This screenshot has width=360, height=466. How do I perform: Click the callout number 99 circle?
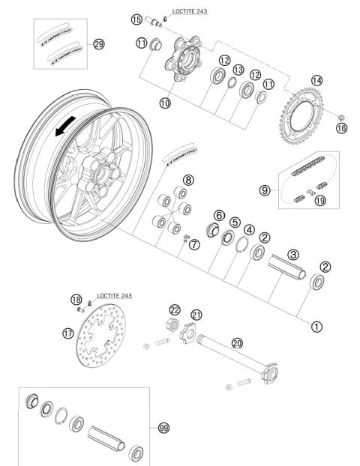163,428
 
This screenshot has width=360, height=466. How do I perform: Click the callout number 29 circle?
98,44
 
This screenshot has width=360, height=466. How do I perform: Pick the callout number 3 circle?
293,255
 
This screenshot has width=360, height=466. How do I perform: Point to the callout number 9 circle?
265,190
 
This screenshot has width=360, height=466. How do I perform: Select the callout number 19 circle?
320,201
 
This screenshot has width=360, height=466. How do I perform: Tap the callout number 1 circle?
316,327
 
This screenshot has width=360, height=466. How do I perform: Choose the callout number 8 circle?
188,180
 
